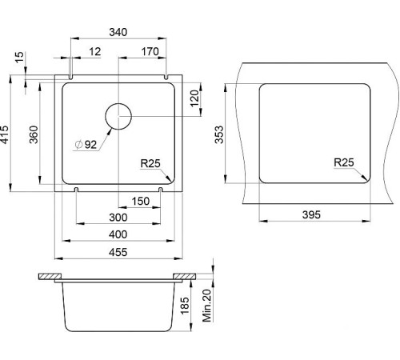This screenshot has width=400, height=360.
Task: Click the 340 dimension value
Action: [118, 32]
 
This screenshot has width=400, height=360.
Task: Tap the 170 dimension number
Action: [150, 51]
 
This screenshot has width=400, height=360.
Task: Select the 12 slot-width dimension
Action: [95, 51]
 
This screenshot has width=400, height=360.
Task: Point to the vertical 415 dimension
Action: [5, 134]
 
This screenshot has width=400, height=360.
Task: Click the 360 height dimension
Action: [34, 134]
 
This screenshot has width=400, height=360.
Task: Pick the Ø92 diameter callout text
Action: [86, 145]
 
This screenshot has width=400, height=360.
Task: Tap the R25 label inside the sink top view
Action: [150, 163]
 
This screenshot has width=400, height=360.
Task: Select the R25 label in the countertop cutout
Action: [344, 162]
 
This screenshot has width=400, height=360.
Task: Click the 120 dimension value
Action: [194, 98]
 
